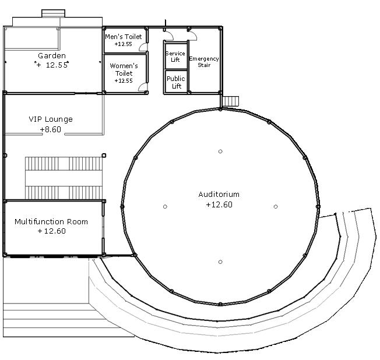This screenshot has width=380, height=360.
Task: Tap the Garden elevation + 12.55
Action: tap(52, 65)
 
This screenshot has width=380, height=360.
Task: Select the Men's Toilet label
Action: tap(123, 37)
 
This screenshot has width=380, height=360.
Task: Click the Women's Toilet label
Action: tap(124, 69)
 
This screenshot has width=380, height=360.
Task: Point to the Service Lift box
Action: tap(175, 57)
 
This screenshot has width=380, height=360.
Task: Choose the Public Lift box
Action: tap(175, 82)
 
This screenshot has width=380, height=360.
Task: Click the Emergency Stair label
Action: tap(204, 62)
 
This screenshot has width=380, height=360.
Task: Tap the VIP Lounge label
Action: tap(51, 119)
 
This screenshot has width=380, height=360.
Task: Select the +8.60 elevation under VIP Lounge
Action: tap(51, 129)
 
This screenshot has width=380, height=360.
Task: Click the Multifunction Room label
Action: tap(51, 221)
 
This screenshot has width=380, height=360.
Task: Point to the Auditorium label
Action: tap(219, 195)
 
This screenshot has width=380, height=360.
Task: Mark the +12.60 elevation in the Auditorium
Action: tap(219, 204)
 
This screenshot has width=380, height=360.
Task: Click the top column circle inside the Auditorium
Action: tap(220, 151)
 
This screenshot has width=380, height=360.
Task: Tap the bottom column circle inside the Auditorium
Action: tap(220, 262)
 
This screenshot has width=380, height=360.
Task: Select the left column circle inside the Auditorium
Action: tap(166, 207)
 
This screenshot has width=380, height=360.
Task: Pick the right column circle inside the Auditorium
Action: tap(276, 207)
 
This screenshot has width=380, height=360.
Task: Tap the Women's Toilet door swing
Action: tap(143, 87)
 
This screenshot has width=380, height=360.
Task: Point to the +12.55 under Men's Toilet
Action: tap(123, 44)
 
